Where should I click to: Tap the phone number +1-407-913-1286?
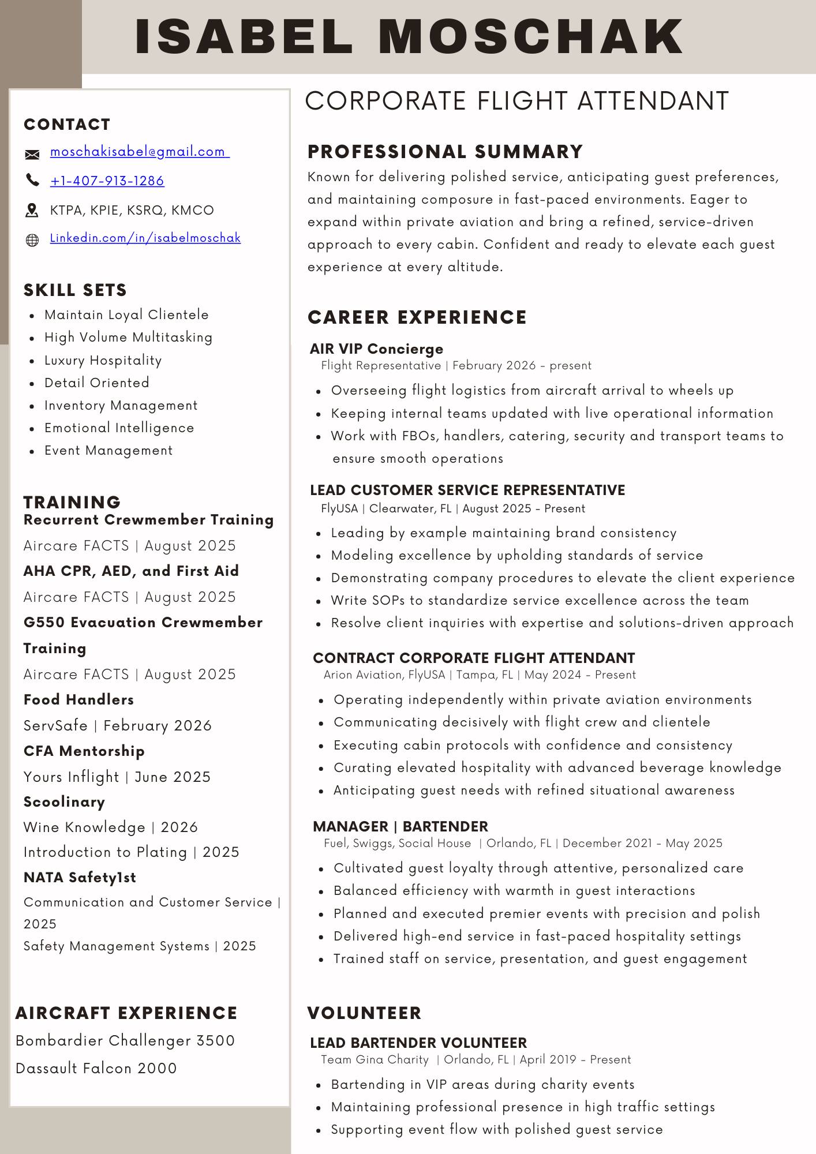coord(107,181)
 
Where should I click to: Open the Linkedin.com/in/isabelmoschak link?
coord(145,238)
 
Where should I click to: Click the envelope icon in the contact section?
coord(32,154)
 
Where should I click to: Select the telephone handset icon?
coord(32,181)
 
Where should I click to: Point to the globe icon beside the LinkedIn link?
coord(32,240)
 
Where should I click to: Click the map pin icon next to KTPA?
coord(32,211)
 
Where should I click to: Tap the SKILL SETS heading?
coord(75,290)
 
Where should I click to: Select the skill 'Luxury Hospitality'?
coord(103,361)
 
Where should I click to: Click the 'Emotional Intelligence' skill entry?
coord(119,428)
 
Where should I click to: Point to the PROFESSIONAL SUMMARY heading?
coord(445,152)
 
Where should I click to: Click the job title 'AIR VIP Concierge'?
coord(376,349)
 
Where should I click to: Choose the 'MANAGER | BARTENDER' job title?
coord(400,826)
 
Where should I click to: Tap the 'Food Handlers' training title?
coord(78,700)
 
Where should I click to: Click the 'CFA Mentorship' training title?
coord(84,751)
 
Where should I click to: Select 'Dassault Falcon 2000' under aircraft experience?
coord(96,1068)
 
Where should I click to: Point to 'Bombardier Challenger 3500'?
coord(125,1040)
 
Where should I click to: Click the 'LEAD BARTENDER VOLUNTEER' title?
coord(418,1043)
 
